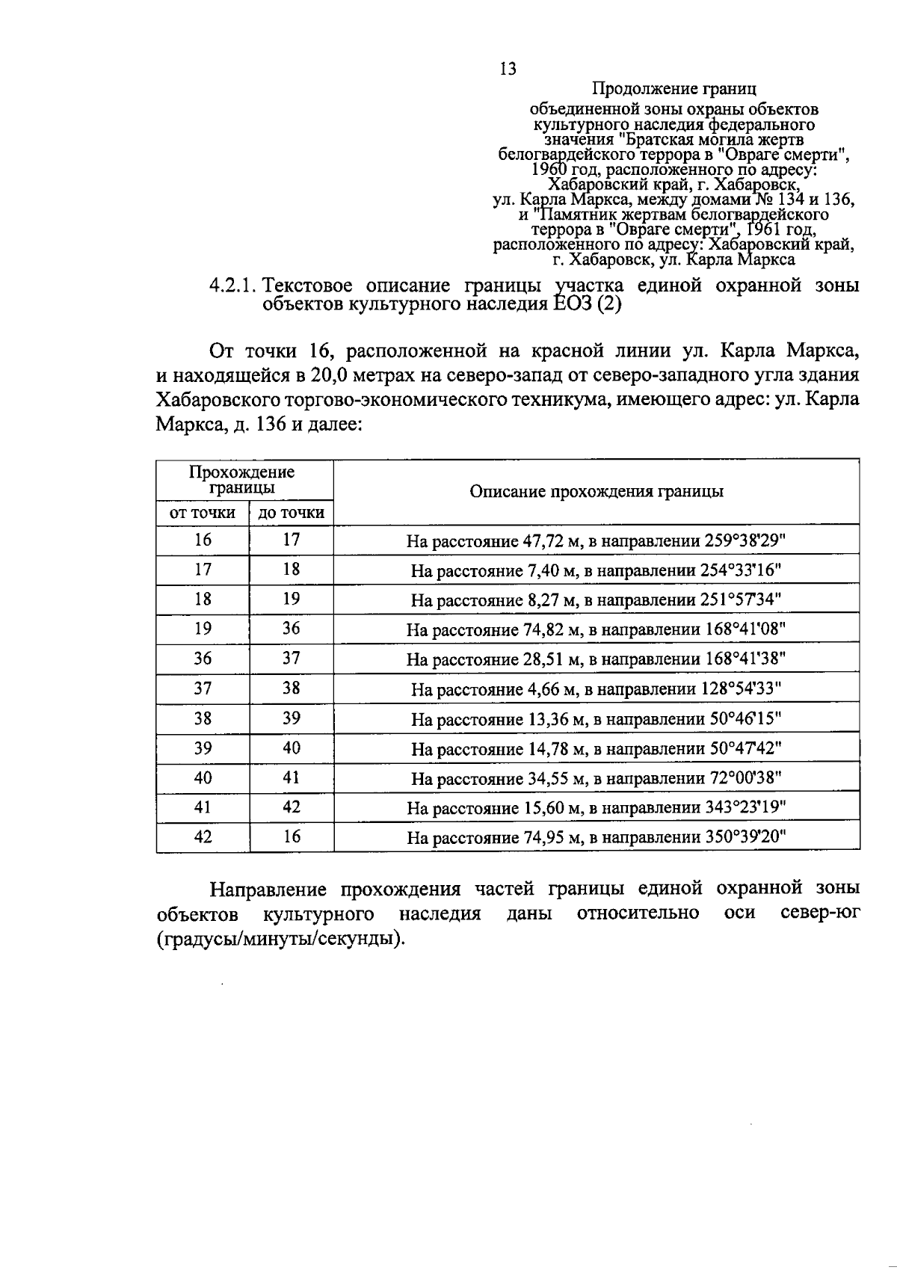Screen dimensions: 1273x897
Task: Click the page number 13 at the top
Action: (508, 70)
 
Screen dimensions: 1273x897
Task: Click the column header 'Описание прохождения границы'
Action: (596, 492)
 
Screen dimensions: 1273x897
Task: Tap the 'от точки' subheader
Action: (203, 513)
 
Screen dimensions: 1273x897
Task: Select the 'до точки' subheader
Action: (291, 513)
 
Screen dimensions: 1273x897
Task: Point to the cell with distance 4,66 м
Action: (596, 689)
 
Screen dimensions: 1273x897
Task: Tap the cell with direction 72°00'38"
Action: (596, 779)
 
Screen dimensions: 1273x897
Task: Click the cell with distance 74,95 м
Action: (596, 838)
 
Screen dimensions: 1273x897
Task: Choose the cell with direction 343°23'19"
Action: (596, 808)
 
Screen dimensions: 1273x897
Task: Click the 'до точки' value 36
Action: (291, 629)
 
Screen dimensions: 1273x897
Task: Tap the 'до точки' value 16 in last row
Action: (291, 837)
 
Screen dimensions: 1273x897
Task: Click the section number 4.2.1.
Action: (234, 286)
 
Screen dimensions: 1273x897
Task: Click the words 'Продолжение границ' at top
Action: (674, 89)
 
